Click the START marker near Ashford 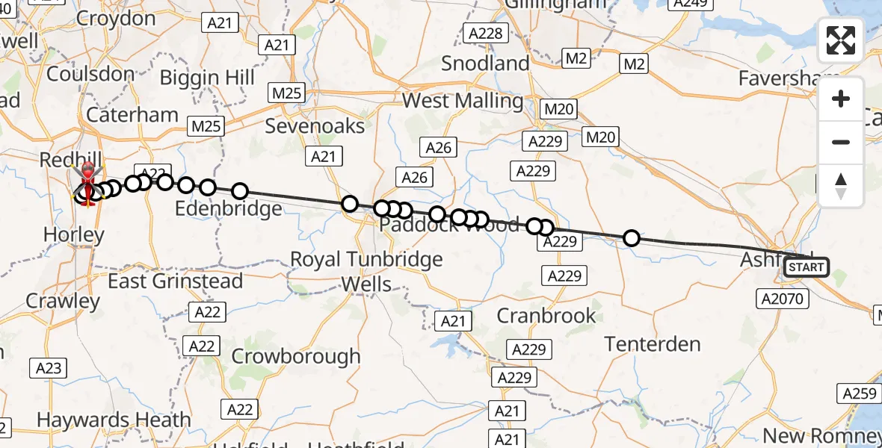[807, 267]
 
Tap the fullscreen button [841, 40]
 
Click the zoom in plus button [841, 99]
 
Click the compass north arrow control [841, 185]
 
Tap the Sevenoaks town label [315, 125]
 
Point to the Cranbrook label [547, 315]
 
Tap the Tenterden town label [653, 344]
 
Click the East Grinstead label [176, 281]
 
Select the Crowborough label [296, 356]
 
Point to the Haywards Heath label [114, 420]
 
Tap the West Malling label [463, 100]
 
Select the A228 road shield [486, 33]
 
